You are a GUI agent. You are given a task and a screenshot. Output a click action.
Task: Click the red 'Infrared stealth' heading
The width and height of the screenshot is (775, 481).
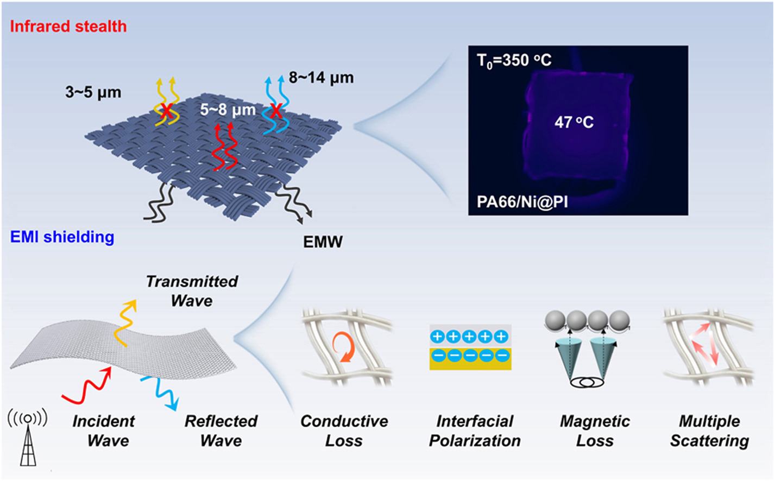tap(68, 26)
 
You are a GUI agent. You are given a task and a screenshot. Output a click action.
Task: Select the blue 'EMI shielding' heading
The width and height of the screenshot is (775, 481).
tap(62, 237)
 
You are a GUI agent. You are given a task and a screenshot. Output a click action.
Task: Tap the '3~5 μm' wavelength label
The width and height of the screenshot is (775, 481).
tap(93, 92)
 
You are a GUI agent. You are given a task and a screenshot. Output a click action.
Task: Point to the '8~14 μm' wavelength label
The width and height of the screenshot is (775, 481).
tap(321, 78)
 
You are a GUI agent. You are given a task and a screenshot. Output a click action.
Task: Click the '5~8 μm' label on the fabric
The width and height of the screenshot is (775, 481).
tap(228, 110)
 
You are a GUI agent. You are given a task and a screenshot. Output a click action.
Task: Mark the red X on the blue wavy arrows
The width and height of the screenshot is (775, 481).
tap(276, 111)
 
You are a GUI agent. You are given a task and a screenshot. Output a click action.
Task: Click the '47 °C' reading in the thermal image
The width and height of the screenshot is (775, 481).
tap(574, 122)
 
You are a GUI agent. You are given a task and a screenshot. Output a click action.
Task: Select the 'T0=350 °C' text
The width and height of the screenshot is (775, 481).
tap(514, 60)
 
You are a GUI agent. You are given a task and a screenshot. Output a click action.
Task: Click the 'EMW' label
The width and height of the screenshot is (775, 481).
tap(323, 242)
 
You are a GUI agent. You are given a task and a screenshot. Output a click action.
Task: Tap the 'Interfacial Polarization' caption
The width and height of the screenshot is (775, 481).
tap(475, 431)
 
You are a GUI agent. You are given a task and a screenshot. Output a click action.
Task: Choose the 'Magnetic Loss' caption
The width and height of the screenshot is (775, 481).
tap(595, 431)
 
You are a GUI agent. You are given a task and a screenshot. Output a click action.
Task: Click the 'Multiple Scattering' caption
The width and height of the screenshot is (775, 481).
tap(709, 431)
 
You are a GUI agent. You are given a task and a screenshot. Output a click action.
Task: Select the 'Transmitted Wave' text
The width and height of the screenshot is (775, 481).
tap(192, 291)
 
